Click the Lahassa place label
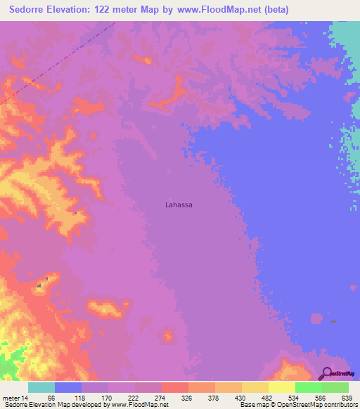(178, 205)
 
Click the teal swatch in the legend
(41, 387)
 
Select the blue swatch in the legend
(68, 387)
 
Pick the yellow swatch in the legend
(282, 387)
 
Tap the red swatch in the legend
(175, 387)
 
